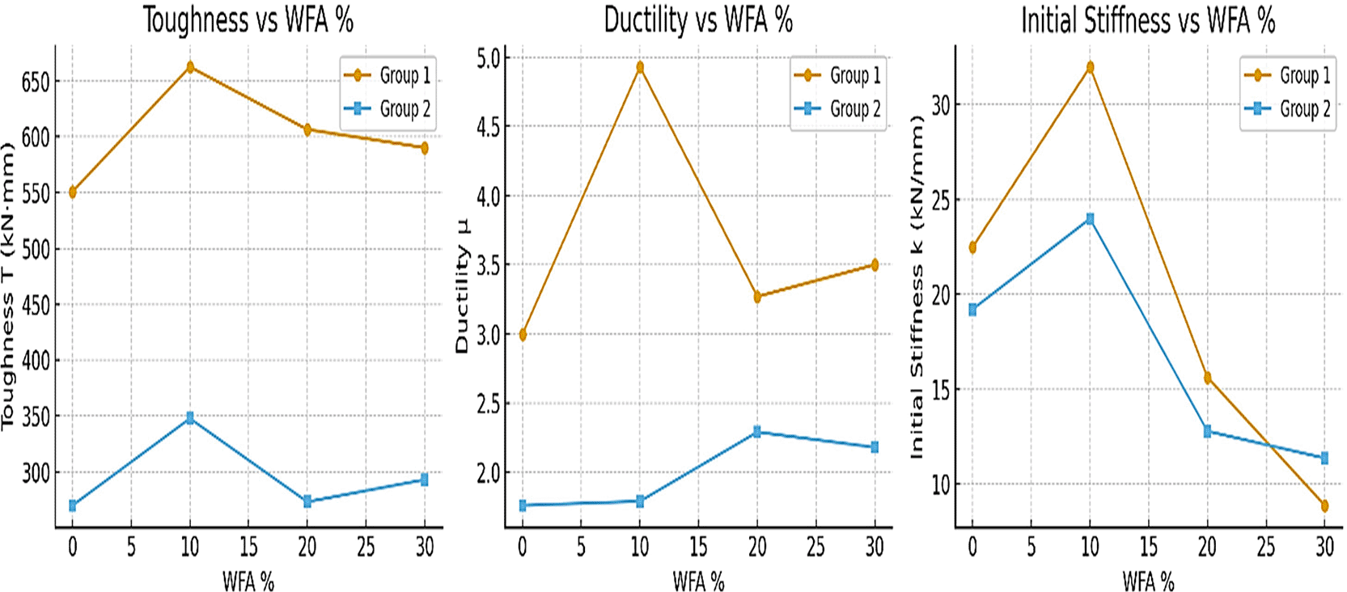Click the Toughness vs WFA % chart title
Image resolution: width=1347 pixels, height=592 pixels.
coord(248,19)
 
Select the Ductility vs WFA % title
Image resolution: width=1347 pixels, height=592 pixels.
coord(698,19)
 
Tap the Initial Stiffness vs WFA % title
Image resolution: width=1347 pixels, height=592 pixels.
coord(1147,19)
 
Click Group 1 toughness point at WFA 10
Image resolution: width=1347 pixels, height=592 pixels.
coord(190,67)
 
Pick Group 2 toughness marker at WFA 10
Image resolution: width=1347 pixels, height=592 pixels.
coord(190,418)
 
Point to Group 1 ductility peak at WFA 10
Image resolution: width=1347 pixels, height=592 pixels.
coord(640,67)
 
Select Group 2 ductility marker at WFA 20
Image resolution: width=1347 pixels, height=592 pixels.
coord(757,432)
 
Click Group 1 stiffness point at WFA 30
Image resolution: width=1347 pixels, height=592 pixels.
coord(1324,506)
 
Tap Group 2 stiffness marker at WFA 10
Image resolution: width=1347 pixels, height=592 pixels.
coord(1090,218)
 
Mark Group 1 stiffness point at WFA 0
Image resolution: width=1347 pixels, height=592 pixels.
coord(972,247)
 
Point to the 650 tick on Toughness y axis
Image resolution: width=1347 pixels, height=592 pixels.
coord(36,82)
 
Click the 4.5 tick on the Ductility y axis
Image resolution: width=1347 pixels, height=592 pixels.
coord(488,127)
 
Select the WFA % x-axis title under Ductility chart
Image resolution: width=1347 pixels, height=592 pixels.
coord(698,581)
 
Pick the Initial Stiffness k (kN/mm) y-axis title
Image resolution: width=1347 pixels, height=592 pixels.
coord(917,286)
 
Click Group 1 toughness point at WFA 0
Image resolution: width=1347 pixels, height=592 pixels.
coord(73,192)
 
